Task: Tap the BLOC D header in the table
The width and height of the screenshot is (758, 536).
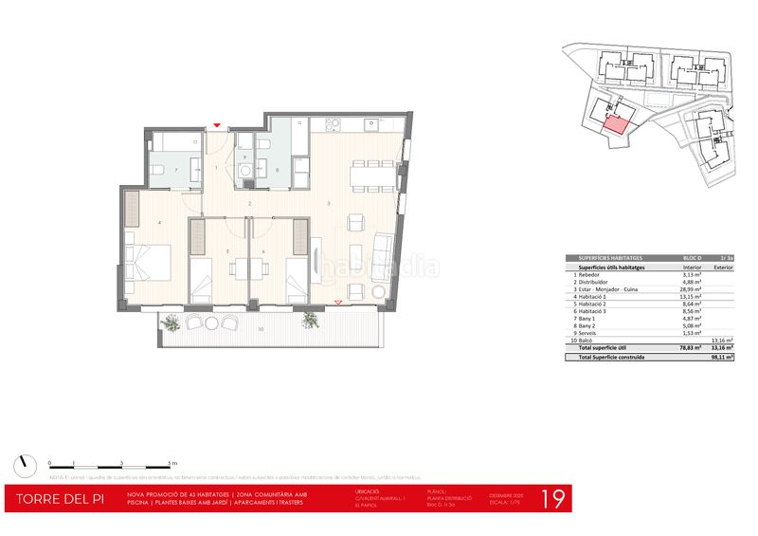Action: click(x=692, y=258)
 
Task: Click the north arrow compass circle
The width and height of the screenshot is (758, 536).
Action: click(x=23, y=466)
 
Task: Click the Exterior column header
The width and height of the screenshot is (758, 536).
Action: click(x=724, y=268)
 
